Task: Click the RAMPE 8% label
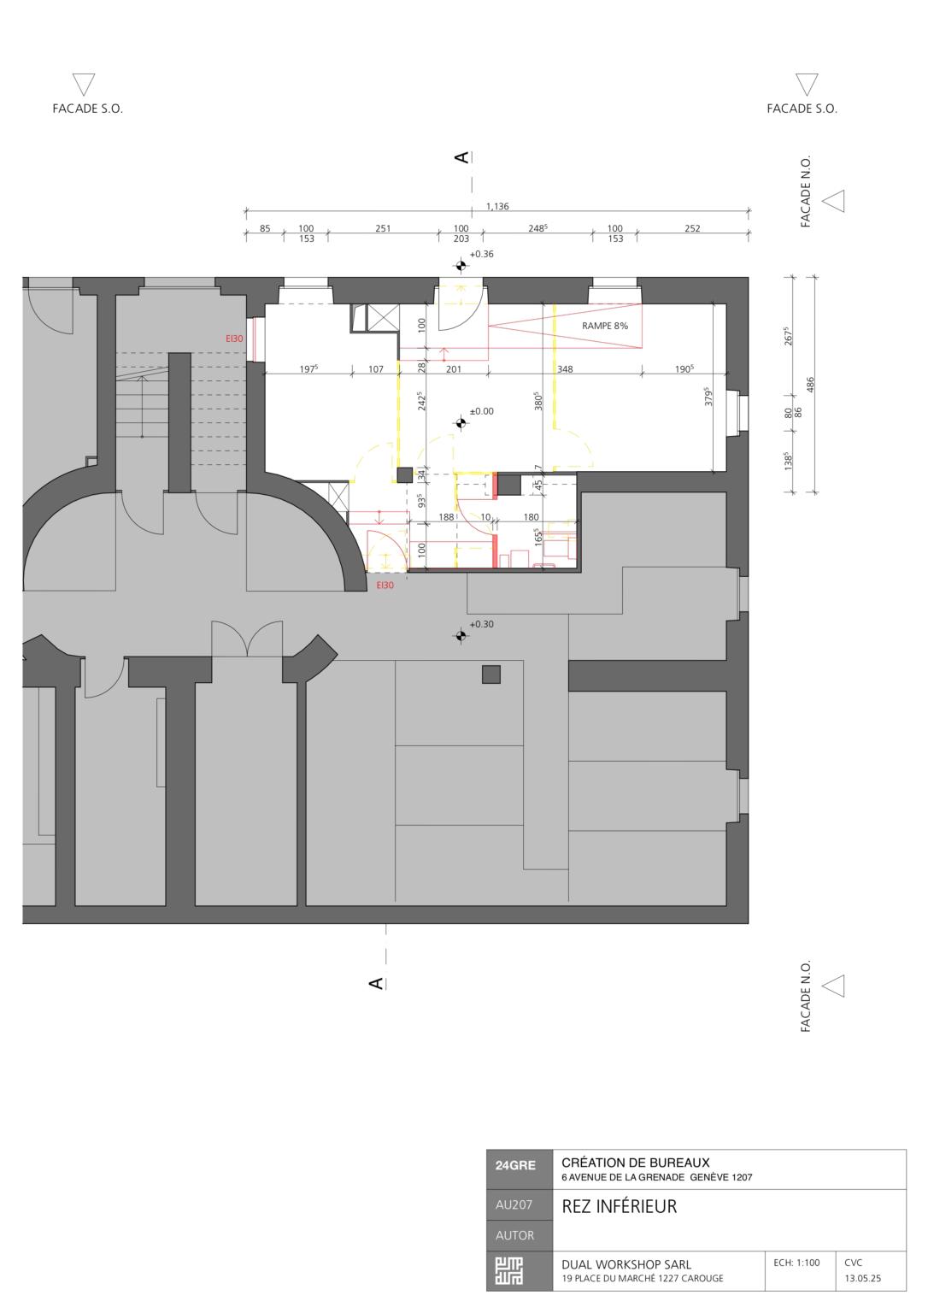tap(604, 326)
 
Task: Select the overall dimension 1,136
tap(497, 206)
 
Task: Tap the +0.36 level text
tap(481, 254)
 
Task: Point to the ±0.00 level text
tap(481, 411)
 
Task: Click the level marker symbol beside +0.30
tap(461, 634)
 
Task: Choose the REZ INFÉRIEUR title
tap(619, 1206)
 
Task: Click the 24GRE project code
tap(515, 1165)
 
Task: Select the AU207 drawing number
tap(514, 1205)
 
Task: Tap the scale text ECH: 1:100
tap(796, 1263)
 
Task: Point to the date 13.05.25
tap(862, 1279)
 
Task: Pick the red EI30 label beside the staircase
tap(234, 339)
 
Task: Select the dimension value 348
tap(565, 369)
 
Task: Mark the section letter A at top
tap(461, 157)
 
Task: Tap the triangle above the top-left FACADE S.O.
tap(84, 83)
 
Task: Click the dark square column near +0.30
tap(490, 674)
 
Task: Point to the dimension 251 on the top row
tap(383, 228)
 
